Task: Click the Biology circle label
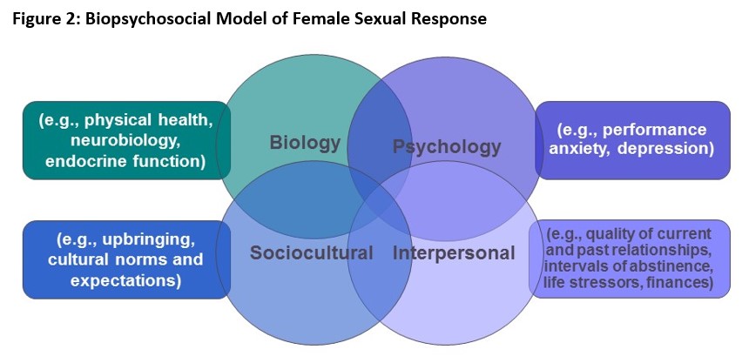pyautogui.click(x=305, y=143)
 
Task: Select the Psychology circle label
pyautogui.click(x=447, y=147)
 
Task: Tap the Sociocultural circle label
pyautogui.click(x=312, y=252)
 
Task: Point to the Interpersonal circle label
pyautogui.click(x=454, y=253)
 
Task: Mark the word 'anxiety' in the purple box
pyautogui.click(x=581, y=149)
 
